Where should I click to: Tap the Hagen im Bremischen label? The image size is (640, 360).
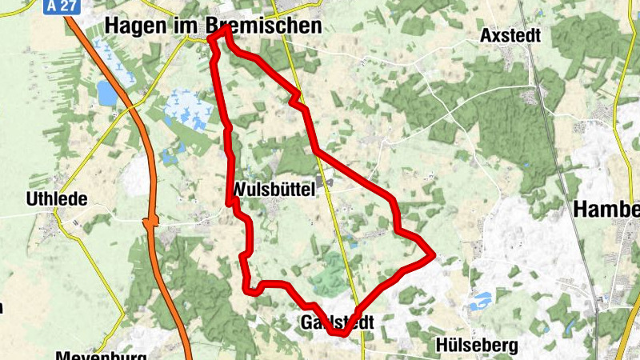click(x=214, y=26)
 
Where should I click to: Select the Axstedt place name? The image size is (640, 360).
click(x=510, y=36)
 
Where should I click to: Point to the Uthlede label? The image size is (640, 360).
click(x=57, y=198)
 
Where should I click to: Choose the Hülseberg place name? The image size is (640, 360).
click(x=478, y=346)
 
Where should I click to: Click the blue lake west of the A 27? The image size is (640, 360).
click(x=106, y=93)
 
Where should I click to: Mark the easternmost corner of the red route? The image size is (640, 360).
click(x=433, y=255)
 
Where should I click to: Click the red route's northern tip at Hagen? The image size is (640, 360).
click(x=227, y=29)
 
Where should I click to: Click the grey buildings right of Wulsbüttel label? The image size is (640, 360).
click(x=326, y=187)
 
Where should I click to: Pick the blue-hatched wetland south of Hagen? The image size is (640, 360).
click(x=189, y=109)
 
